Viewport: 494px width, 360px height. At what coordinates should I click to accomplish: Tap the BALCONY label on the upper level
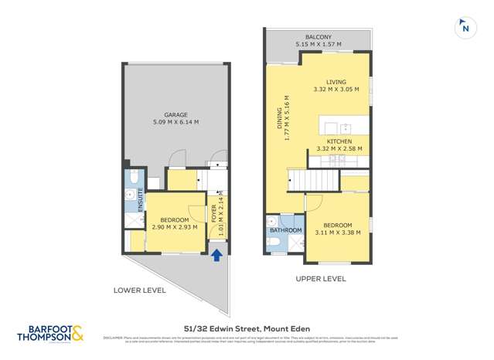coord(318,36)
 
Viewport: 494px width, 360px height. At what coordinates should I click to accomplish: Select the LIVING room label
coord(336,82)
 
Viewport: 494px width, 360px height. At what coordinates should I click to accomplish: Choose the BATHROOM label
coord(284,230)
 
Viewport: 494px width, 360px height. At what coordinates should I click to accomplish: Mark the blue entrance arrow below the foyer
coord(217,255)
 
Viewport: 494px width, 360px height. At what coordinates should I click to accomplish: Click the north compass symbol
coord(464,28)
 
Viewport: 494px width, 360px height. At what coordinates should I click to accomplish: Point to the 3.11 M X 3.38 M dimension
coord(339,233)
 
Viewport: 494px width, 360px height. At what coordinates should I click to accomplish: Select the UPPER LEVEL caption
coord(320,279)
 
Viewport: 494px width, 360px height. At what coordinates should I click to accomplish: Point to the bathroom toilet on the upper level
coord(273,246)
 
